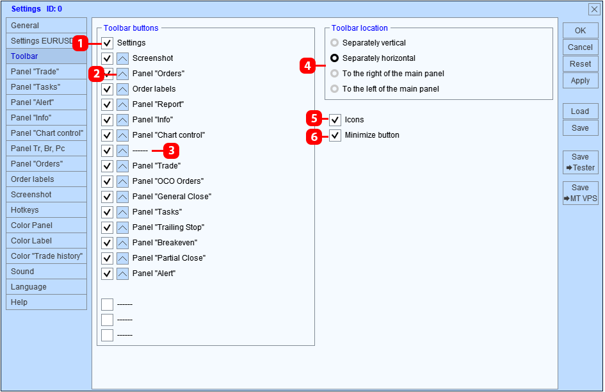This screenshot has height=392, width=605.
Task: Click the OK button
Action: tap(580, 31)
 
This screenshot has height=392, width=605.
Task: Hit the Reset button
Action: tap(580, 64)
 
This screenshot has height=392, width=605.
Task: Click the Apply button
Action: tap(580, 81)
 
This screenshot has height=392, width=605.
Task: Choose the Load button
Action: tap(580, 111)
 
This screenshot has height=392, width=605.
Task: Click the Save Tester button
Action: tap(580, 162)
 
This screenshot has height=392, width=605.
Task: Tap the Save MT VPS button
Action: tap(580, 193)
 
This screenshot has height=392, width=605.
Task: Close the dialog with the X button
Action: tap(594, 9)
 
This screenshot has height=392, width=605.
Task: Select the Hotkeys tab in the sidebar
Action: tap(46, 210)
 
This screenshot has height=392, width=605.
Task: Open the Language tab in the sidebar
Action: tap(46, 287)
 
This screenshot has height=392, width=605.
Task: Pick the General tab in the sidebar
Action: tap(46, 26)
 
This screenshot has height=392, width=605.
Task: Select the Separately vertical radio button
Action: tap(335, 42)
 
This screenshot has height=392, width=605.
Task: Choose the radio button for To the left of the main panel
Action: tap(335, 89)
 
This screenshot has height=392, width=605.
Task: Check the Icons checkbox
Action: tap(335, 120)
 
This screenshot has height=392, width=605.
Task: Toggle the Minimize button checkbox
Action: tap(335, 135)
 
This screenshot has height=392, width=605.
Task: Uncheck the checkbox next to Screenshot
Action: tap(107, 58)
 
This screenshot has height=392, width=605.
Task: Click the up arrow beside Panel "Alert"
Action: tap(122, 274)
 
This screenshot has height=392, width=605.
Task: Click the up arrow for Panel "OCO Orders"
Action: tap(122, 181)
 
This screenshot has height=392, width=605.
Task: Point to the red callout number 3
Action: tap(172, 151)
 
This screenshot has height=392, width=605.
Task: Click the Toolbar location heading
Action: tap(360, 28)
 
